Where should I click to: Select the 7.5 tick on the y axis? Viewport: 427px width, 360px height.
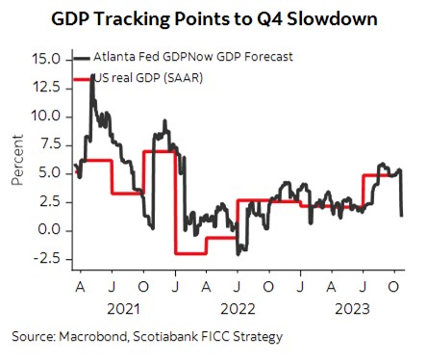[50, 145]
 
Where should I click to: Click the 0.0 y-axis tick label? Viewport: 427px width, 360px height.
[50, 230]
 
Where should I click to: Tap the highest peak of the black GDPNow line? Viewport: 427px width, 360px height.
[92, 75]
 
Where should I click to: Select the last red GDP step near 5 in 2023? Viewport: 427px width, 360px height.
[380, 175]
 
